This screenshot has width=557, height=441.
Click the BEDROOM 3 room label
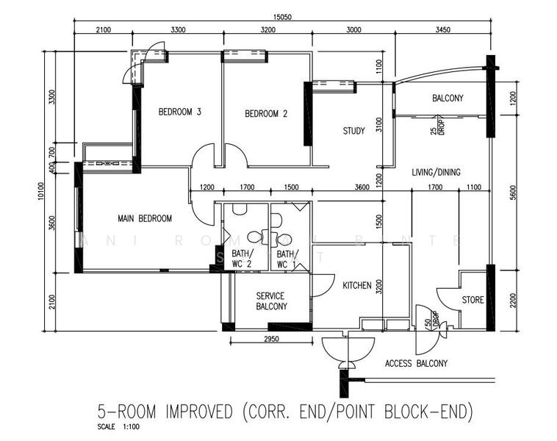coord(180,112)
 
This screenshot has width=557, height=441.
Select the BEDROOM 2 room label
coord(265,114)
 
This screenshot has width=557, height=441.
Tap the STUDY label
coord(353,132)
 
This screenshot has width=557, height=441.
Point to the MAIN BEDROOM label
coord(145,218)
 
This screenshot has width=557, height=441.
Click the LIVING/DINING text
coord(436,172)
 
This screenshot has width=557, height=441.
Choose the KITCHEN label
coord(357,286)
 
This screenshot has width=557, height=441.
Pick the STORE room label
coord(472,300)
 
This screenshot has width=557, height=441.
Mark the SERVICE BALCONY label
coord(271,301)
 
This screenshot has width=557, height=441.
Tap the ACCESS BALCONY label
coord(416,363)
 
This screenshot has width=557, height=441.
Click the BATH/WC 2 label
coord(232,259)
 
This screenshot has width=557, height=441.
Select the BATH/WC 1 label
coord(287,259)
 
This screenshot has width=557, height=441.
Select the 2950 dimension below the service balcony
coord(271,337)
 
